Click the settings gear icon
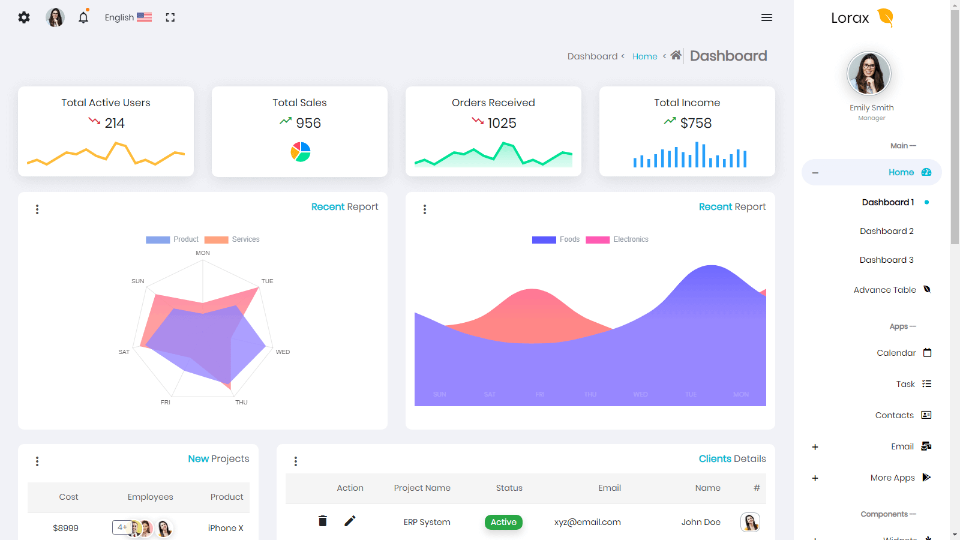(24, 17)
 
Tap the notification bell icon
(83, 17)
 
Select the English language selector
(128, 17)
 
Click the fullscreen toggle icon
(170, 17)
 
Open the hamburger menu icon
(767, 17)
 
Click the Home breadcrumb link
(645, 56)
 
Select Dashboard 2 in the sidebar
(886, 231)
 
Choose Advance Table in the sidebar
(885, 290)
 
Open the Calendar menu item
(896, 353)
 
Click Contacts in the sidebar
(895, 415)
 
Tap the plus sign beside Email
(815, 447)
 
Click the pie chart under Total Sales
(301, 152)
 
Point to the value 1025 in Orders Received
(502, 123)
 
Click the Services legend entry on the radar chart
(233, 239)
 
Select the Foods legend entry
(556, 239)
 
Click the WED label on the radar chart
(283, 352)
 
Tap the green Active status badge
(503, 522)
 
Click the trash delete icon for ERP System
(323, 521)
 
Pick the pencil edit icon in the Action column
(350, 521)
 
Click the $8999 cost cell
(66, 528)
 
